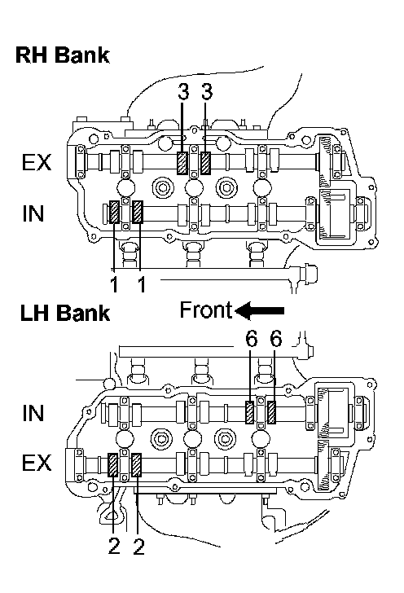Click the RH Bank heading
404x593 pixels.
[63, 55]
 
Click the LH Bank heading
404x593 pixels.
[64, 313]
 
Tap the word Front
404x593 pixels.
[206, 310]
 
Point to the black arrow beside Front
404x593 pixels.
[260, 310]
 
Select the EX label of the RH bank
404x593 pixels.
[37, 162]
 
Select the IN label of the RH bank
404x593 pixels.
[33, 213]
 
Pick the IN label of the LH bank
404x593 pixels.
[33, 413]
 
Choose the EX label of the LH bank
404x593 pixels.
[37, 463]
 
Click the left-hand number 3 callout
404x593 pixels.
[183, 92]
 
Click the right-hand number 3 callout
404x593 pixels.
[207, 92]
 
